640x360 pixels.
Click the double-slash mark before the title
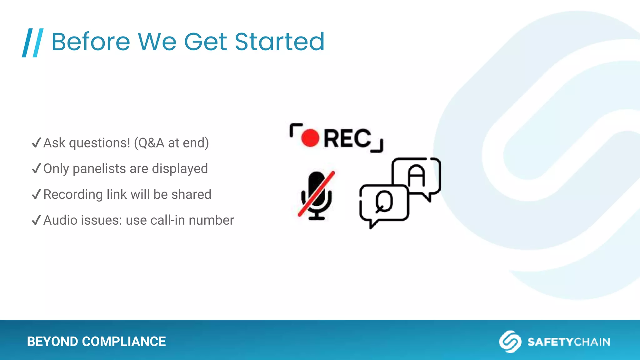click(x=32, y=43)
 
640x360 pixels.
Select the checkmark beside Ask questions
click(x=36, y=143)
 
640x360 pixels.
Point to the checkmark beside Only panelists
click(x=36, y=168)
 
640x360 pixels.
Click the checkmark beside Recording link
click(x=36, y=194)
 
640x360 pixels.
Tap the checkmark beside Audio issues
click(x=36, y=220)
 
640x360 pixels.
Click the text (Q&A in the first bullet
click(x=149, y=143)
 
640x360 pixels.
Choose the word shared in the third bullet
click(x=191, y=194)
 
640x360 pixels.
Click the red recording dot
click(x=310, y=138)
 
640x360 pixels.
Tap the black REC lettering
click(x=347, y=138)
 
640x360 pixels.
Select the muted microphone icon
click(x=316, y=195)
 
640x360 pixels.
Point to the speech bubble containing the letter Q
click(x=384, y=203)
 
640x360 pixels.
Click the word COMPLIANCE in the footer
click(x=124, y=342)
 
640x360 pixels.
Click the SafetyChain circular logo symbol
click(x=510, y=342)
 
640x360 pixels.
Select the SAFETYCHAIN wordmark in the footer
click(x=568, y=342)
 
